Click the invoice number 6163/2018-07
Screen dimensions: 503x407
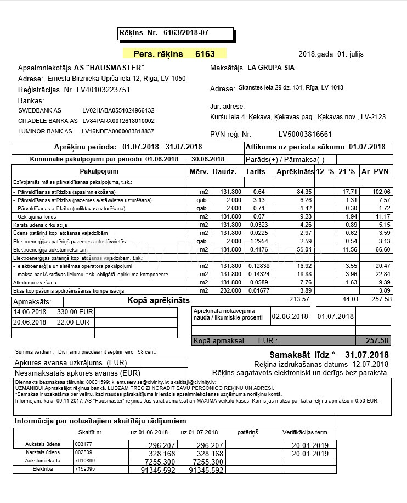click(x=186, y=33)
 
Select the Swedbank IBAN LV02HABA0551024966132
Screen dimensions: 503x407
click(x=118, y=110)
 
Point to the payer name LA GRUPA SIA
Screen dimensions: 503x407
click(x=271, y=68)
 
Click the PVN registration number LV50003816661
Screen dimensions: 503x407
click(x=306, y=134)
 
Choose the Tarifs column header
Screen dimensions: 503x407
click(x=255, y=171)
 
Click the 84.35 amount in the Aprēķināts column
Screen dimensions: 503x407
click(x=304, y=192)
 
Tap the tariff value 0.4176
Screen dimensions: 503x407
click(x=255, y=249)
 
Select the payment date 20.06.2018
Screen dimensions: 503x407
click(x=30, y=322)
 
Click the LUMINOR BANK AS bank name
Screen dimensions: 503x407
click(x=45, y=131)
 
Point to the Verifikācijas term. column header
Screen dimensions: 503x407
click(x=305, y=432)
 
